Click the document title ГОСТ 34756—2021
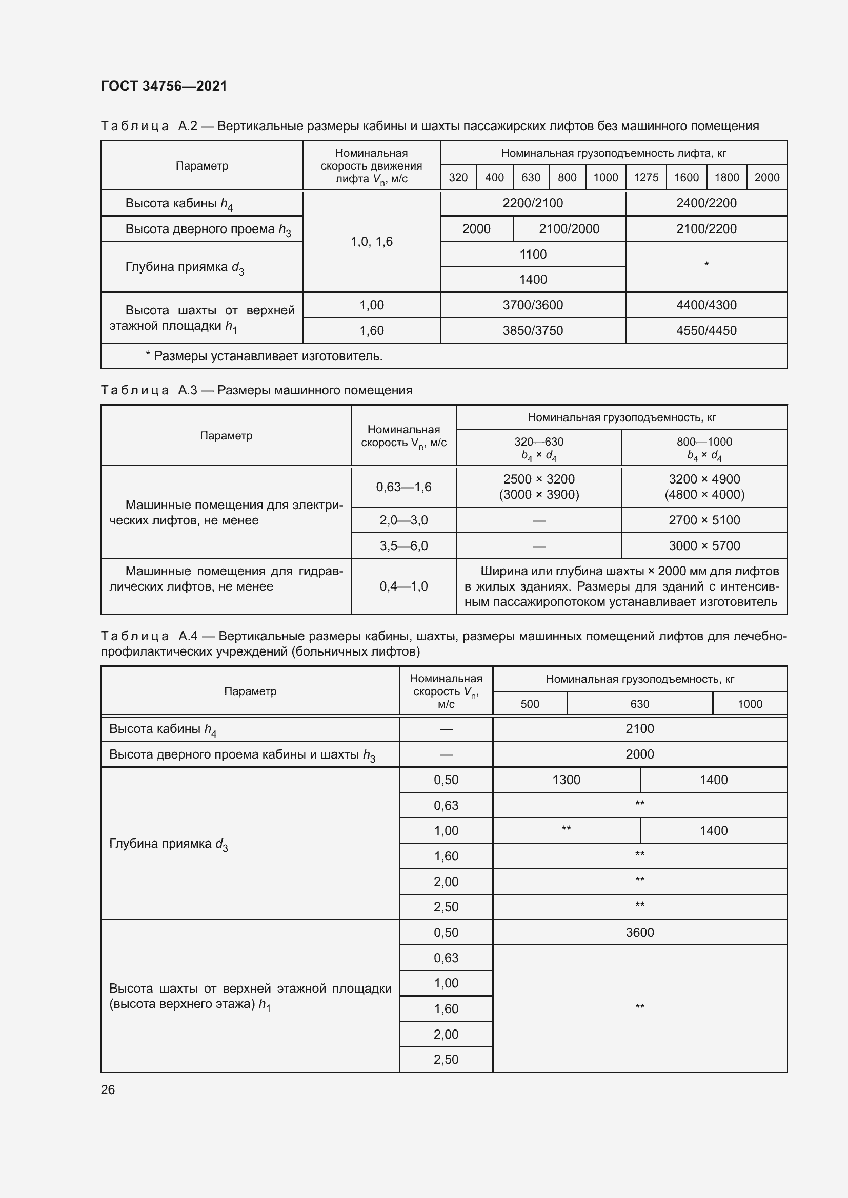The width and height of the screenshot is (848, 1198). click(164, 86)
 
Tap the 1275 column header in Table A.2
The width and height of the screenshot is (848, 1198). click(646, 177)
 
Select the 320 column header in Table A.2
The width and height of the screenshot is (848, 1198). click(458, 177)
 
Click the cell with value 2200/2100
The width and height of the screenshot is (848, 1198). click(533, 203)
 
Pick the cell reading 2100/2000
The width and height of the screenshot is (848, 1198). click(569, 228)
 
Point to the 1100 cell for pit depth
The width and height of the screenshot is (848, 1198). click(533, 254)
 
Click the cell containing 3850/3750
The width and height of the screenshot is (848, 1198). click(533, 330)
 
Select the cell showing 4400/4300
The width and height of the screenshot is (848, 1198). click(706, 305)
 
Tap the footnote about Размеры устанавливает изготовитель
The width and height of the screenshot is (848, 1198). click(264, 356)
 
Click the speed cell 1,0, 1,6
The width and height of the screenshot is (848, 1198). click(371, 242)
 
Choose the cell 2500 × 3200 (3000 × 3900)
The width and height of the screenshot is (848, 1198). click(539, 486)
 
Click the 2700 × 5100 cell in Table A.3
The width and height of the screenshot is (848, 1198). click(704, 520)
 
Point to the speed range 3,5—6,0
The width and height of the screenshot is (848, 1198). click(403, 545)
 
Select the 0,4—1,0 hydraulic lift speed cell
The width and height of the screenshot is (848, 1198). click(403, 586)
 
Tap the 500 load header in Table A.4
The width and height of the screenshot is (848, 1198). click(530, 704)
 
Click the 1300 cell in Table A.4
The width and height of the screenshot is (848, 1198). click(566, 780)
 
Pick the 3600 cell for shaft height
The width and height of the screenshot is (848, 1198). click(640, 932)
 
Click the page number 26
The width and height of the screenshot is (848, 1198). click(108, 1089)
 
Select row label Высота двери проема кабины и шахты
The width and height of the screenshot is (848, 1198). click(243, 754)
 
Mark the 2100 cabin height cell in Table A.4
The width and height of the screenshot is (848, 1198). click(640, 728)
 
